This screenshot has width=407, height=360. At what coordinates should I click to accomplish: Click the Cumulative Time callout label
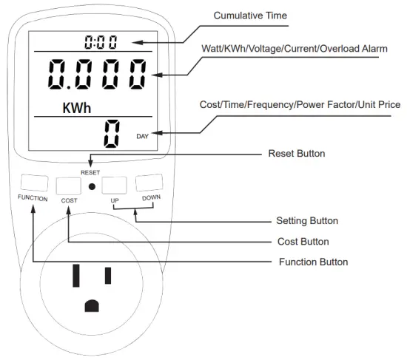pos(250,16)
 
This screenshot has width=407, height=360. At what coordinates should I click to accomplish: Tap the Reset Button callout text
pos(295,154)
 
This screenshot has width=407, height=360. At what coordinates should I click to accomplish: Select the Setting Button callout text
pos(307,220)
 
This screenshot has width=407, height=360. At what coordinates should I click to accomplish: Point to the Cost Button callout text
pos(302,241)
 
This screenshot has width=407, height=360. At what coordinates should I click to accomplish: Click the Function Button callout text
pos(313,262)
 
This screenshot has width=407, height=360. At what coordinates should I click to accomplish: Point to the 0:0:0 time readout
pos(101,41)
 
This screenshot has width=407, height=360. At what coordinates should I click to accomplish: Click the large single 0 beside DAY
pos(112,132)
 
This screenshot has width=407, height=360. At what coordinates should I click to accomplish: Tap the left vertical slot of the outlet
pos(75,274)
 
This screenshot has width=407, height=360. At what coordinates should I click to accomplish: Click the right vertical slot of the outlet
pos(108,274)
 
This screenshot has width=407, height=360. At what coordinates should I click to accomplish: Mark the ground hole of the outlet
pos(92,305)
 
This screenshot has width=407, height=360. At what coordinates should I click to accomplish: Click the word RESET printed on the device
pos(90,171)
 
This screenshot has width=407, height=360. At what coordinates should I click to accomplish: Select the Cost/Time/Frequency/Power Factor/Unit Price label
pos(300,105)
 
